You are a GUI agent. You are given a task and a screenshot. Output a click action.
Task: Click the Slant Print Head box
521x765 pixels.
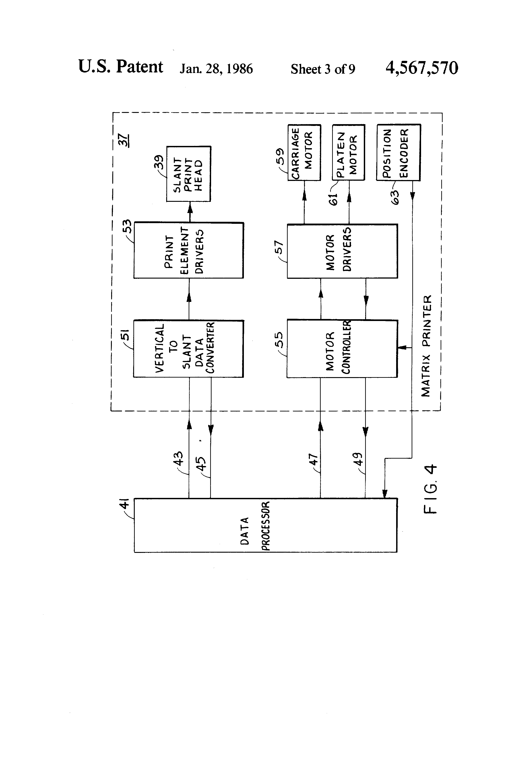click(x=188, y=174)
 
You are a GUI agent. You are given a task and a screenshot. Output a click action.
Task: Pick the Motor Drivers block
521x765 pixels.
click(x=342, y=251)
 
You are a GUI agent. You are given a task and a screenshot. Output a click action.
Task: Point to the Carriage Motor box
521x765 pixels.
click(x=304, y=152)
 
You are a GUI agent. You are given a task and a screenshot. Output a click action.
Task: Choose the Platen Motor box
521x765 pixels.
click(x=349, y=152)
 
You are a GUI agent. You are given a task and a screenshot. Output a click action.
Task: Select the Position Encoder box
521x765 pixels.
click(x=398, y=152)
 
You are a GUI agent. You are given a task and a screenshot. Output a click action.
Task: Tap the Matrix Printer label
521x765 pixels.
click(x=426, y=346)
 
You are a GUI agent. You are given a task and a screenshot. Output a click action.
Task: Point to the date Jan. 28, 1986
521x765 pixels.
click(x=216, y=69)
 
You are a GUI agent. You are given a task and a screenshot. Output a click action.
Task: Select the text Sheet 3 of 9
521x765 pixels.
click(x=322, y=69)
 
